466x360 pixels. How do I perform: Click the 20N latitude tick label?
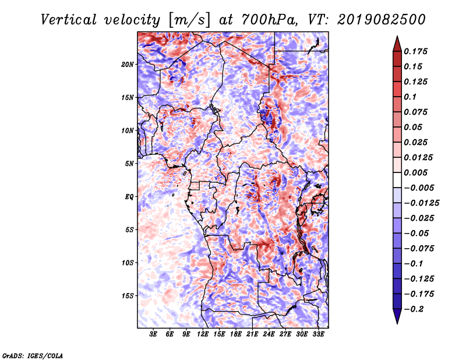coord(128,64)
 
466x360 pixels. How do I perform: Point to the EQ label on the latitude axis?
coord(129,196)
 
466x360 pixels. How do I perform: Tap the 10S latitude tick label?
coord(128,263)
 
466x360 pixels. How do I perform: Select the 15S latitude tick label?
coord(128,296)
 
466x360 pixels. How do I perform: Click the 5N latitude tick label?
coord(129,164)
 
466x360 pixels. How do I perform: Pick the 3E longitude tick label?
coord(153,335)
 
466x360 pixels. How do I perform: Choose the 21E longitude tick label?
coord(252,335)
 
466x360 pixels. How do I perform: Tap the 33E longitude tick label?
coord(318,335)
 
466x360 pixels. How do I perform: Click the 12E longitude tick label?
coord(203,335)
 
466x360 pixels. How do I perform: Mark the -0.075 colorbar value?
coord(419,248)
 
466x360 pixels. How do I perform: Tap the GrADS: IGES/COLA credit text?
coord(32,355)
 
